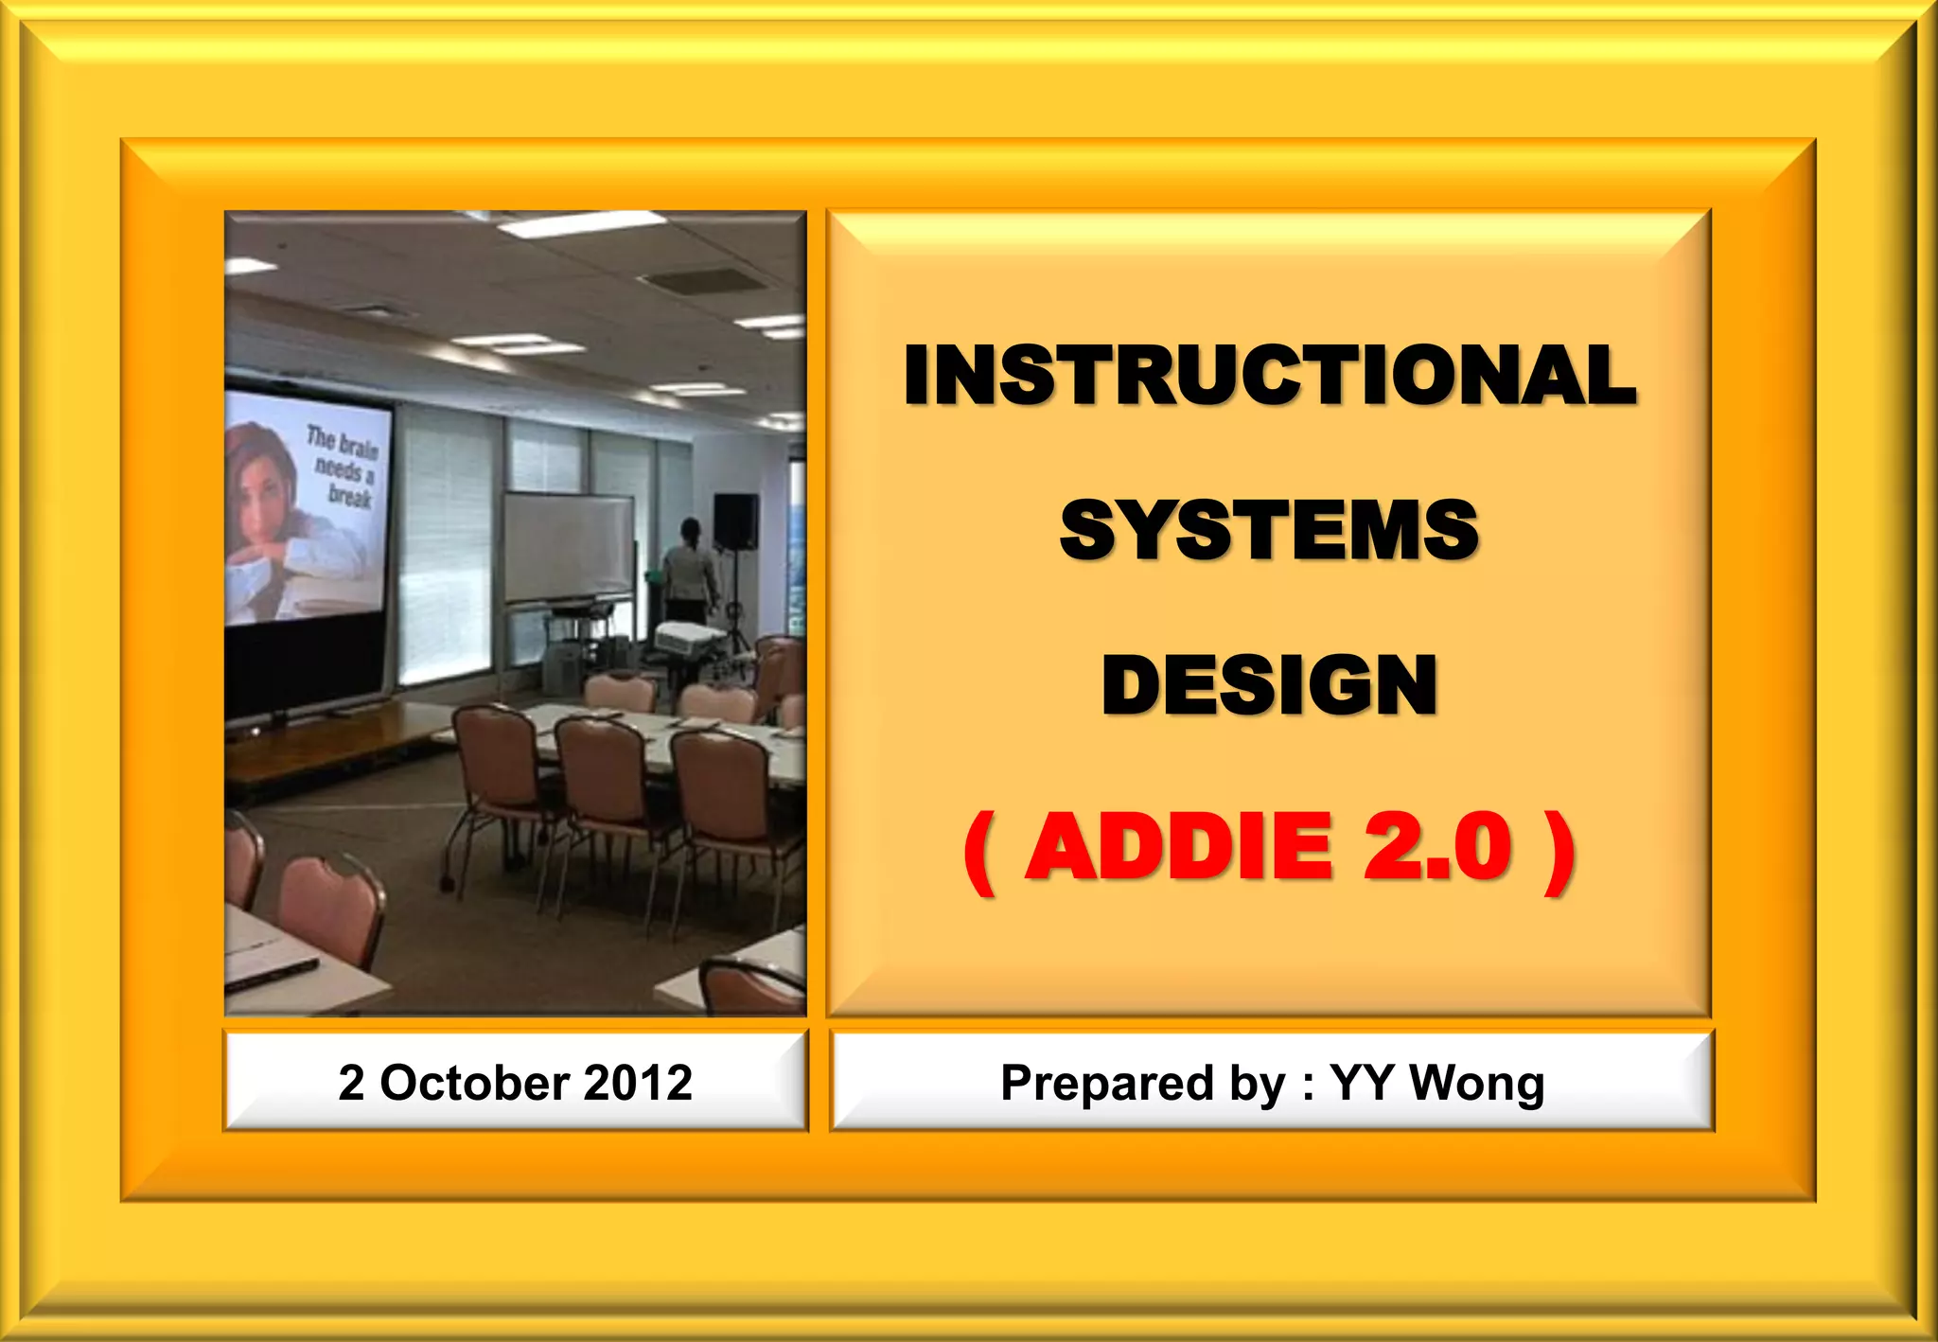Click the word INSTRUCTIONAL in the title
coord(1269,375)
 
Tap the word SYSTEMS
coord(1269,530)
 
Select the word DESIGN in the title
coord(1269,685)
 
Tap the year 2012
coord(638,1082)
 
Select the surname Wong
coord(1476,1082)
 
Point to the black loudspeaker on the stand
coord(735,521)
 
